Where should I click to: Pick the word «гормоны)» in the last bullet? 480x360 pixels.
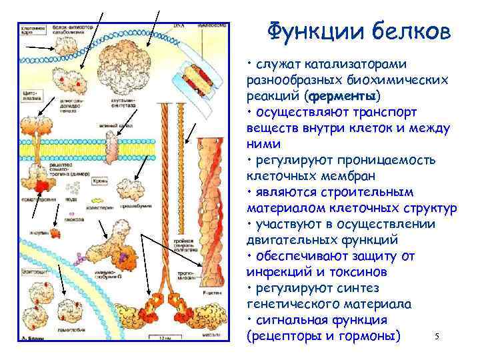coord(371,335)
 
